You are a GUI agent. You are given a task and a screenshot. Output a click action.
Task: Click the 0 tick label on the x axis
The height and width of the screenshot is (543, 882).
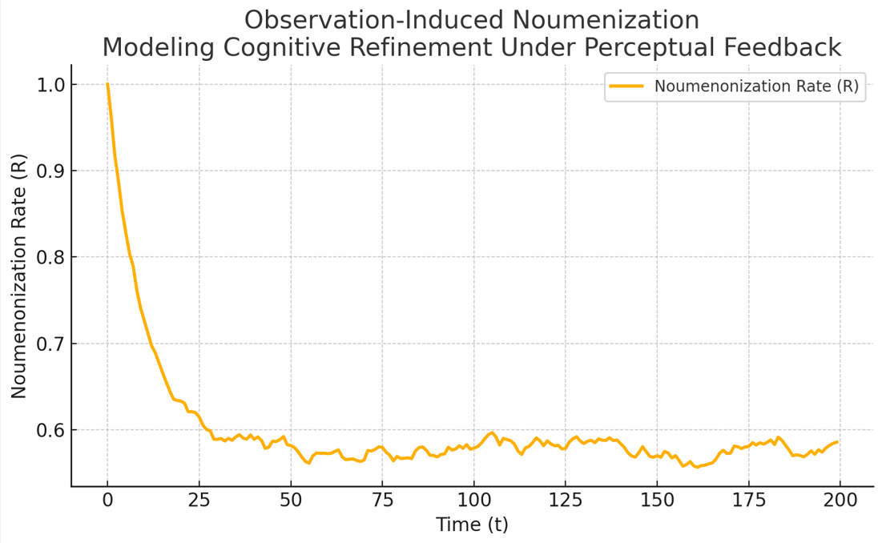(x=107, y=501)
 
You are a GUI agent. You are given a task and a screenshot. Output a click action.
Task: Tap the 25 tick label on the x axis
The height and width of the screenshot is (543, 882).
(x=199, y=501)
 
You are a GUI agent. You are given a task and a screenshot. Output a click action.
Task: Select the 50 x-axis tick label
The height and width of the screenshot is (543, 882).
(x=290, y=501)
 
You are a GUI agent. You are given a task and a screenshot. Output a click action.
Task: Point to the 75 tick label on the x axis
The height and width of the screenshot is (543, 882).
(x=382, y=501)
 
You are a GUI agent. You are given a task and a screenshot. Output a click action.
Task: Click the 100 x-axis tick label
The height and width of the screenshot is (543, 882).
(x=473, y=501)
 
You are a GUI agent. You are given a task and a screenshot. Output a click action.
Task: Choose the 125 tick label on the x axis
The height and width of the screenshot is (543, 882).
(x=565, y=501)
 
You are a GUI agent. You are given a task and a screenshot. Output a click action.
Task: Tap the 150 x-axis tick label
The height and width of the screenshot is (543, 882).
(x=657, y=501)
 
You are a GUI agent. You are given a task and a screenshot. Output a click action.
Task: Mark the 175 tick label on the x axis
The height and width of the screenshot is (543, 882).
(x=748, y=501)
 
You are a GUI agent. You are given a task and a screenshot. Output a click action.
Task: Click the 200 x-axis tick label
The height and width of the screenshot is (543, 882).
(x=840, y=501)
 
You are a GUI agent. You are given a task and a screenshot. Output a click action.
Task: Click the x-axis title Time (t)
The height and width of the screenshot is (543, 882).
(x=472, y=525)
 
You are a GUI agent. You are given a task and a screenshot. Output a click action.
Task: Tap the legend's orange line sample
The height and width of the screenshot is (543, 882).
(x=626, y=86)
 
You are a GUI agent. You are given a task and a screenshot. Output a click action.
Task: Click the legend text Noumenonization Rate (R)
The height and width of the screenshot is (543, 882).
(x=756, y=86)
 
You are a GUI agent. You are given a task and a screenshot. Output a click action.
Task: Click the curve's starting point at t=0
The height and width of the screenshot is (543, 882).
(x=107, y=84)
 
